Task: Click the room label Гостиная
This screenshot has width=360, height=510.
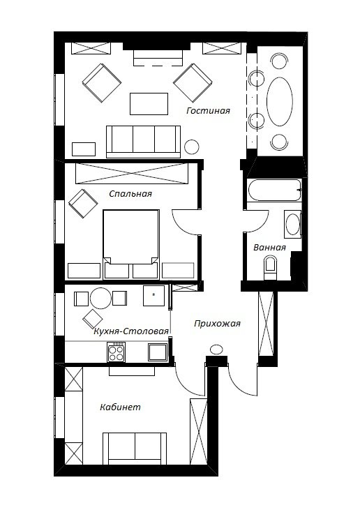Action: click(208, 111)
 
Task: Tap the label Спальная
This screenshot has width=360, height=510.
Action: click(130, 194)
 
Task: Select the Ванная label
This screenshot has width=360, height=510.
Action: click(269, 248)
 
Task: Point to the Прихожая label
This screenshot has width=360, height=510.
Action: click(217, 324)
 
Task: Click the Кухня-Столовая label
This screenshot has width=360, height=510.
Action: click(131, 331)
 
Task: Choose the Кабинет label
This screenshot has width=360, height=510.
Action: click(120, 407)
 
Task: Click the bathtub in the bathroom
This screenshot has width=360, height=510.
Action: click(274, 190)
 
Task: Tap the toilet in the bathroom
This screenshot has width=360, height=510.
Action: click(271, 267)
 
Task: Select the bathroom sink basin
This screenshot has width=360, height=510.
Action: click(293, 224)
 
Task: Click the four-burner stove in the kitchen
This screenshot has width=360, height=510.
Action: click(117, 352)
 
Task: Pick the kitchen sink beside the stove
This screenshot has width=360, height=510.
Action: click(158, 352)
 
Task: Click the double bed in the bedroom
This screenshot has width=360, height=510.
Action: click(131, 244)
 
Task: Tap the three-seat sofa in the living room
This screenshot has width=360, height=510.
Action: click(144, 142)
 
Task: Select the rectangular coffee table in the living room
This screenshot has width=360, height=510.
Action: click(149, 104)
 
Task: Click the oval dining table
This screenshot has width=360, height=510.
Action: click(280, 101)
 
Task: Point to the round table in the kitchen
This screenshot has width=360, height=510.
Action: click(100, 299)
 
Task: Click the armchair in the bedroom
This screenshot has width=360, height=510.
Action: click(83, 203)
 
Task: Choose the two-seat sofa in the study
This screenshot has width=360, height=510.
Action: click(135, 448)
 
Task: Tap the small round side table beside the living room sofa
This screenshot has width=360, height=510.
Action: click(192, 147)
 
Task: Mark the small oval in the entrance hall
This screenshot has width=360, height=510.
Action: click(216, 350)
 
